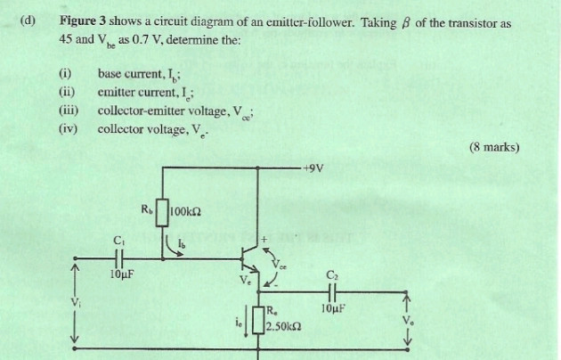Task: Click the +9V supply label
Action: tap(313, 168)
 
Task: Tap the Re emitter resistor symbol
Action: tap(257, 319)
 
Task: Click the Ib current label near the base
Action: tap(182, 245)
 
